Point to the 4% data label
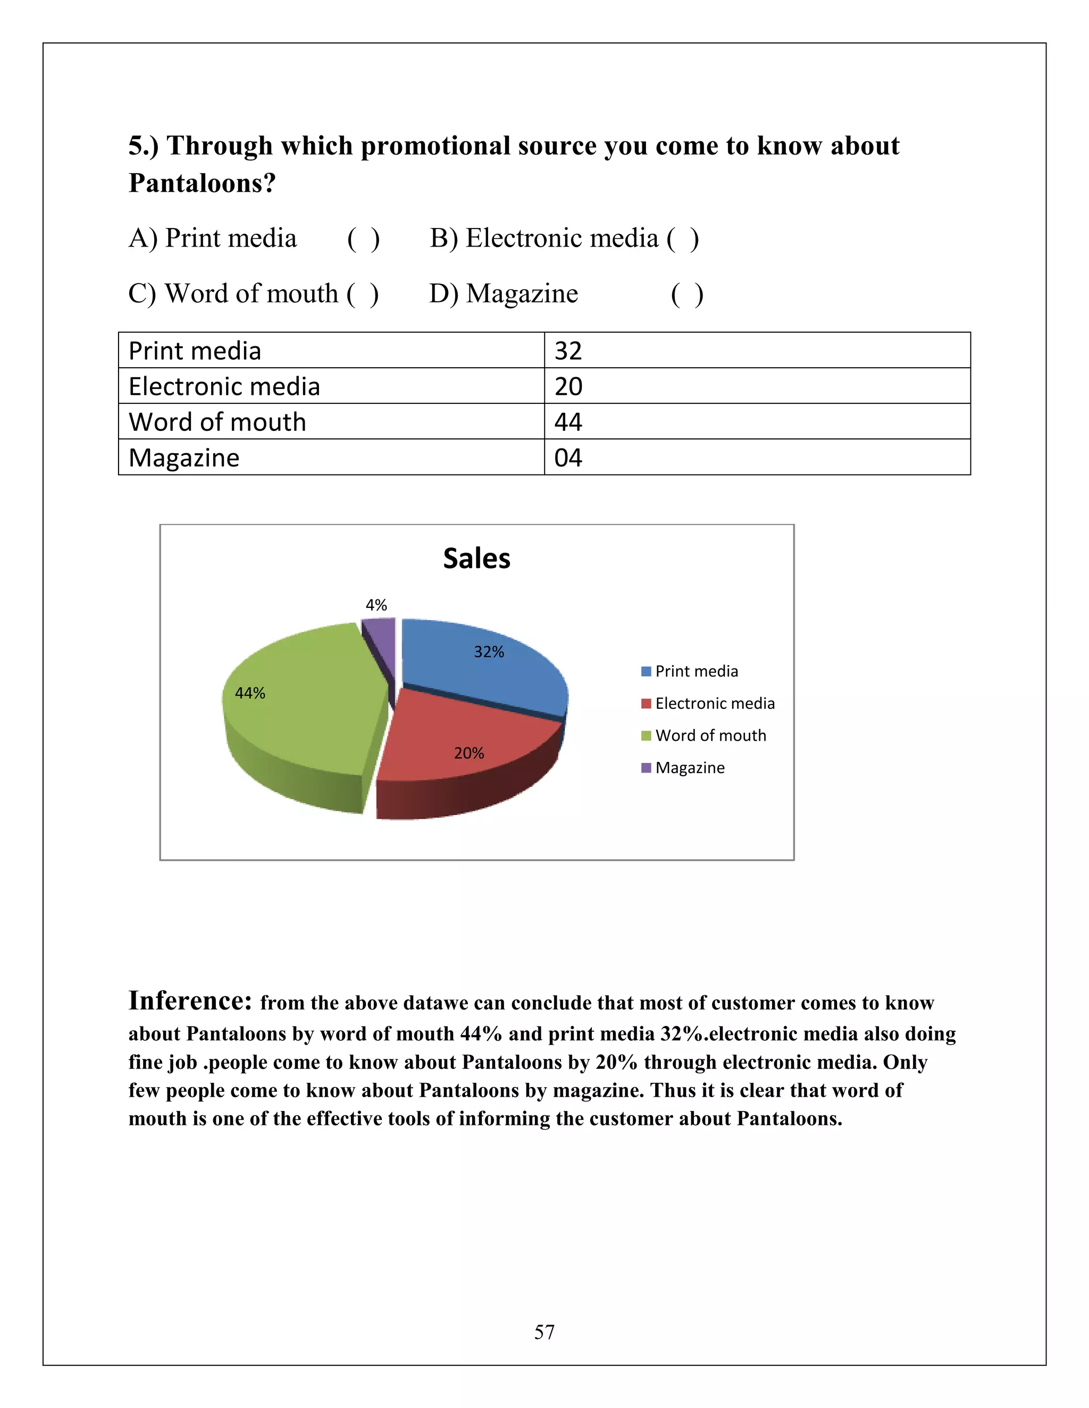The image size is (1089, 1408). [376, 605]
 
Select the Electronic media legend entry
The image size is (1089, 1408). [708, 703]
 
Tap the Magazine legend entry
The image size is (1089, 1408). [684, 768]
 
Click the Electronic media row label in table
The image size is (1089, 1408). [224, 387]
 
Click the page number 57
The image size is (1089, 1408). [544, 1332]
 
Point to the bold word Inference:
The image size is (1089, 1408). [190, 1000]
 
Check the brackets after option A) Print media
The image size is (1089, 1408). [363, 239]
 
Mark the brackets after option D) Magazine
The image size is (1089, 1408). [687, 295]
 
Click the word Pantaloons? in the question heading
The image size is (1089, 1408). [202, 183]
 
